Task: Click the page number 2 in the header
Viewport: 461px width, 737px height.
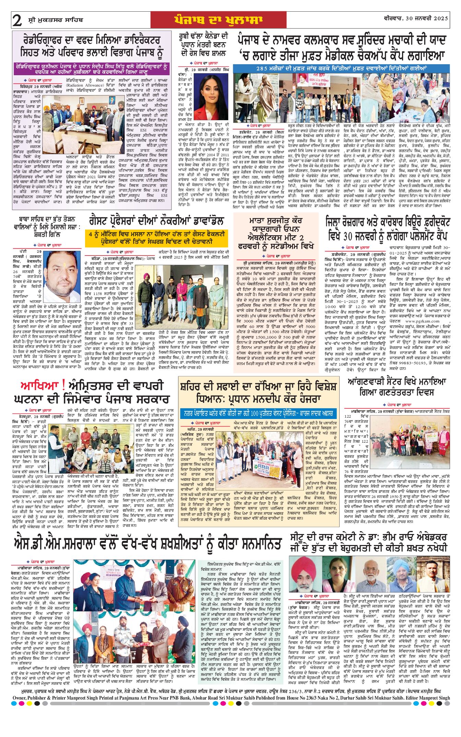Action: [x=17, y=21]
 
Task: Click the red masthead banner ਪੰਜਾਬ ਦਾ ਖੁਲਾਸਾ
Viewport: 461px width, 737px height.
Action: [x=218, y=20]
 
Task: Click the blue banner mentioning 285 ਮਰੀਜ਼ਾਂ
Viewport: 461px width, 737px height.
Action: [x=341, y=68]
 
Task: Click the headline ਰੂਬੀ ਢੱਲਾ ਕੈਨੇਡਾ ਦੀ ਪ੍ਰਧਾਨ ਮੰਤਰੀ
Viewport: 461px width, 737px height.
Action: [x=203, y=45]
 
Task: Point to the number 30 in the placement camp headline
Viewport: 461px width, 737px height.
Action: [x=350, y=237]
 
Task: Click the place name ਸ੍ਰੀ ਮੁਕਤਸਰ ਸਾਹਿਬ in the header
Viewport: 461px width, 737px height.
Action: [x=55, y=20]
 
